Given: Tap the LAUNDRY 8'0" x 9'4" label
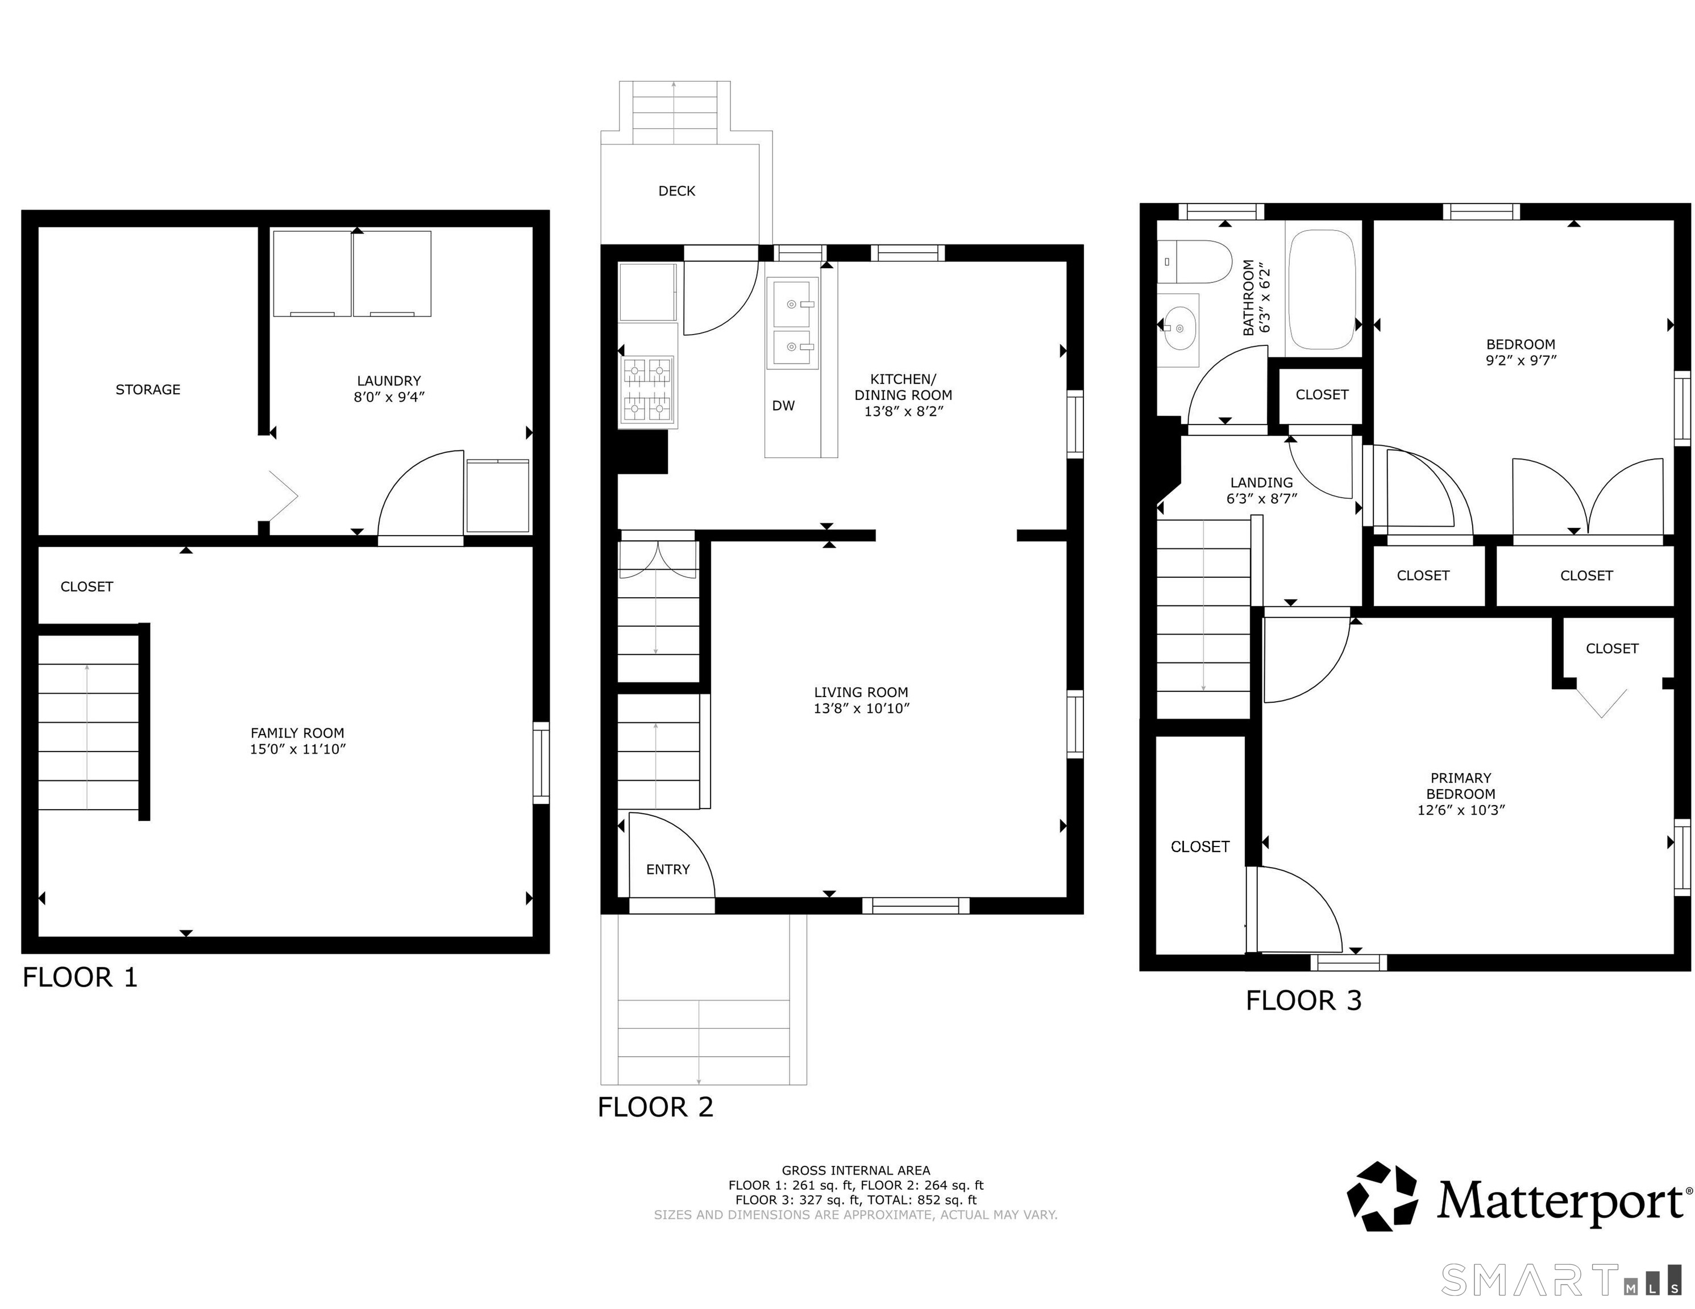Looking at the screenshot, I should click(x=389, y=389).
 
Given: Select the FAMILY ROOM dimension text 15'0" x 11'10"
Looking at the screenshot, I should click(x=297, y=749).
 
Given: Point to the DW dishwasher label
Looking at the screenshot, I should click(x=783, y=406).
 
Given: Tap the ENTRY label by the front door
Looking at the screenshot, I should click(x=667, y=870).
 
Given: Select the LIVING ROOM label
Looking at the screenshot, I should click(x=861, y=692).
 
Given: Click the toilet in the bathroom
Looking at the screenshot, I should click(x=1196, y=261).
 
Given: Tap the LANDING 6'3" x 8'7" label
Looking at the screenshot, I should click(x=1261, y=490).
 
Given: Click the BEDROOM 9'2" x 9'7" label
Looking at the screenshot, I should click(x=1520, y=352).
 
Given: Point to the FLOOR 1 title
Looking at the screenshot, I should click(x=80, y=977).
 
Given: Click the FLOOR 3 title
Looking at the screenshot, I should click(x=1303, y=1000).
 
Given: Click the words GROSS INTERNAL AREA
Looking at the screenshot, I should click(x=855, y=1170).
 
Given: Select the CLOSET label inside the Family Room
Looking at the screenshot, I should click(x=87, y=586).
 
